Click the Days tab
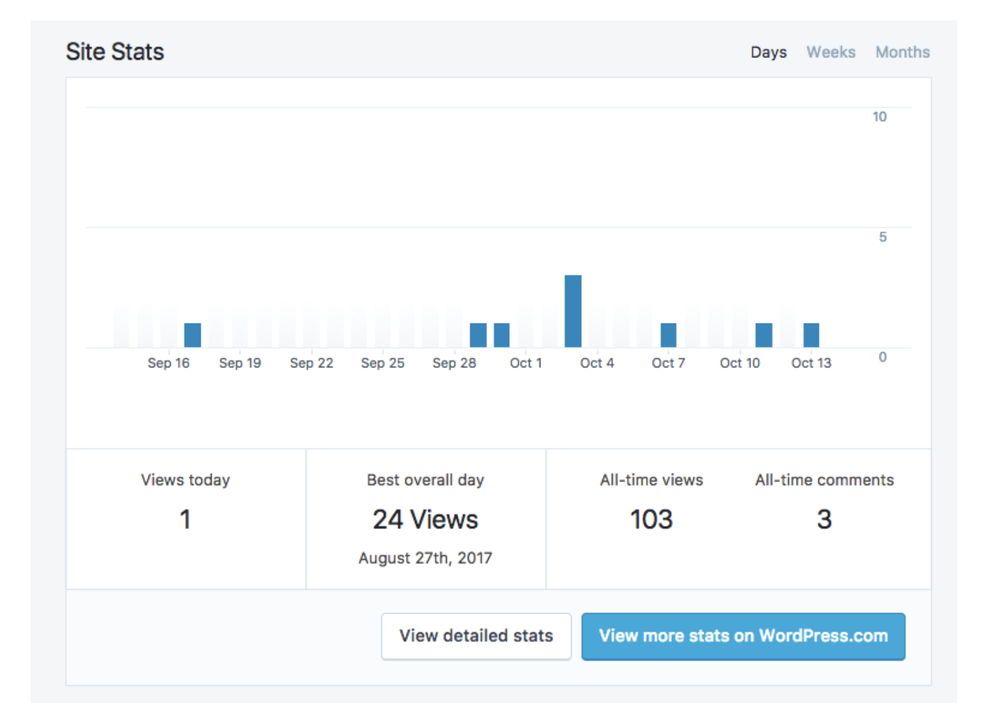point(768,52)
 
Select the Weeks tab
point(830,52)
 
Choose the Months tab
point(902,52)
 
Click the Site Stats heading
point(115,52)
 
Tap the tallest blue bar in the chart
point(573,311)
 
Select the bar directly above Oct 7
point(668,335)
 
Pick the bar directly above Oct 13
point(811,335)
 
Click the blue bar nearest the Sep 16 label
point(192,335)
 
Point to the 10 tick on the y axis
point(879,117)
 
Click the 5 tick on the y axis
point(882,237)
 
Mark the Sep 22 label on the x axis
point(311,363)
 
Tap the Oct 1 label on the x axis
point(525,363)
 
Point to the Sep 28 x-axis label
point(454,363)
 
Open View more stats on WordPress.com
point(743,636)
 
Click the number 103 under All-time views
point(651,520)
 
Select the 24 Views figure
point(425,520)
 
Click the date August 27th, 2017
point(425,558)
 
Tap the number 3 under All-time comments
point(824,520)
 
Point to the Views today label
point(185,480)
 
